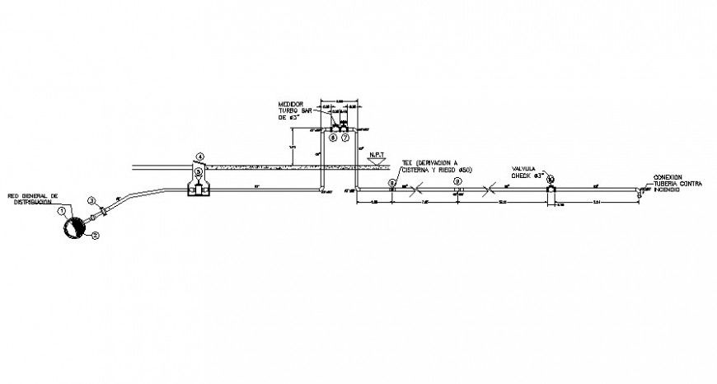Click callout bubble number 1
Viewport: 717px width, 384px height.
click(63, 210)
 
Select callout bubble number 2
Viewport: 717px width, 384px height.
click(96, 236)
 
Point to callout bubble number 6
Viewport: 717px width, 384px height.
click(333, 138)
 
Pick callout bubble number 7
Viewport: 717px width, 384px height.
click(345, 138)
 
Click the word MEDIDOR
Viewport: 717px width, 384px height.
click(292, 105)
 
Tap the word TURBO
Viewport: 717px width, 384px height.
click(288, 111)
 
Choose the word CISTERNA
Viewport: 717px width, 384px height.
click(417, 170)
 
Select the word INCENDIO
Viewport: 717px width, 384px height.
click(667, 190)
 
